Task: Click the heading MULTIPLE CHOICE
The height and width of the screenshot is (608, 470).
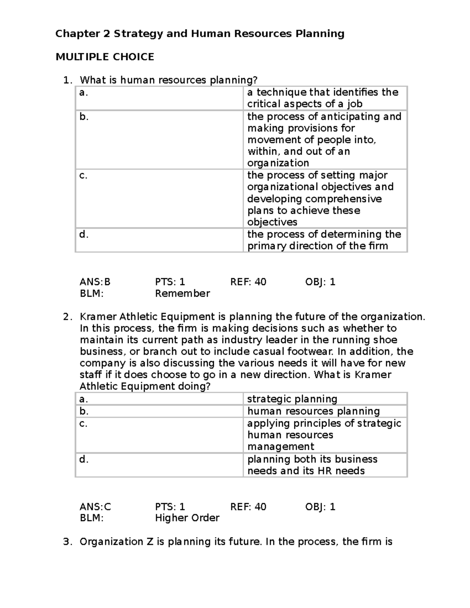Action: coord(105,57)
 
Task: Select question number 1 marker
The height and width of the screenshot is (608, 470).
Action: coord(68,80)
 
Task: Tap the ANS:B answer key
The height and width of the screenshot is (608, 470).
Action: coord(95,282)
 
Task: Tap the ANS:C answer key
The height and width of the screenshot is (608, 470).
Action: coord(95,507)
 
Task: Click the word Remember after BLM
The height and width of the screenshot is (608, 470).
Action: coord(183,294)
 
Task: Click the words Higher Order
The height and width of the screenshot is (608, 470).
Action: coord(187,518)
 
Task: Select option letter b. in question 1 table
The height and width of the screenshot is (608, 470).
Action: coord(84,117)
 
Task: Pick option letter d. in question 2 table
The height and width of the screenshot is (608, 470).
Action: coord(84,459)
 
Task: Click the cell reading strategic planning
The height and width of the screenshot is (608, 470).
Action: coord(292,399)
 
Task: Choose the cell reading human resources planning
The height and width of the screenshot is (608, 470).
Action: coord(313,411)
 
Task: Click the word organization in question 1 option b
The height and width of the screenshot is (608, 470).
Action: coord(278,163)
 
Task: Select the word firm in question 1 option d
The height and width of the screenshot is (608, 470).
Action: coord(378,246)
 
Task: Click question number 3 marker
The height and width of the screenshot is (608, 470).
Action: coord(68,542)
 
